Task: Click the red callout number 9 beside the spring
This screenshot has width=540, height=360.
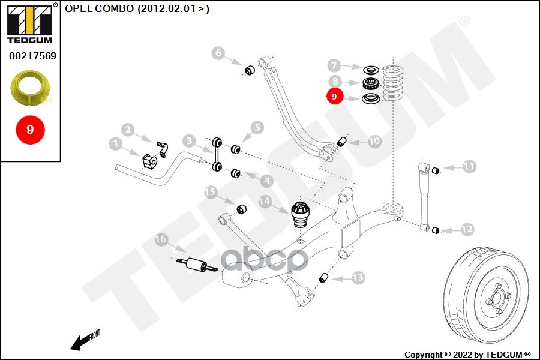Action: (334, 96)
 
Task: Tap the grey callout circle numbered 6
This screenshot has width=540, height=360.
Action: (218, 53)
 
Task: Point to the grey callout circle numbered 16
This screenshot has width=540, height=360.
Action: (161, 241)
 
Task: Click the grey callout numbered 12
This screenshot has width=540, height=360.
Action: (467, 229)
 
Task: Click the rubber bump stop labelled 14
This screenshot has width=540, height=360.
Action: (299, 214)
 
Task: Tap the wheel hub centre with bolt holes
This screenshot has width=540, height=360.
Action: (497, 295)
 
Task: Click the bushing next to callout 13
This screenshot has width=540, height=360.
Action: (324, 278)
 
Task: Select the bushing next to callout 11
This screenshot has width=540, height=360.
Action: (436, 169)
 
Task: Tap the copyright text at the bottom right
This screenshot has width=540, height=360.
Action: (468, 354)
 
